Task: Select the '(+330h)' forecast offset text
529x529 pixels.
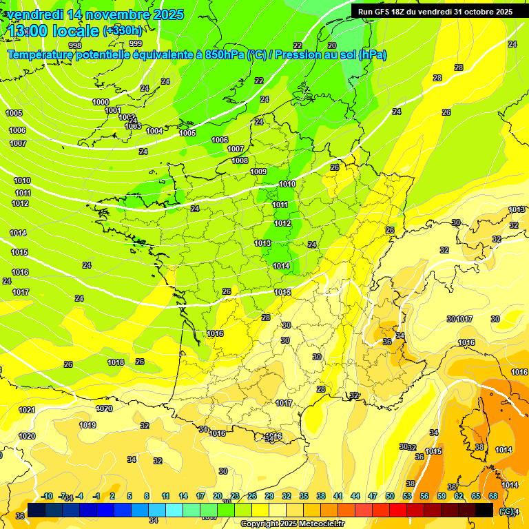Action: [x=123, y=31]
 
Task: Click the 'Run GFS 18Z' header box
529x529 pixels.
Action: [x=435, y=12]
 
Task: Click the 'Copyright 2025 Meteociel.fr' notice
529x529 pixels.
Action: [x=292, y=523]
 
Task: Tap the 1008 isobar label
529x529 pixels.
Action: [x=240, y=160]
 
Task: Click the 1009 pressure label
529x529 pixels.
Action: [x=258, y=172]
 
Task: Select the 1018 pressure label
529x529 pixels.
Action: [x=116, y=362]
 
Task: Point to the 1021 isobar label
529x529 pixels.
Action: [x=27, y=410]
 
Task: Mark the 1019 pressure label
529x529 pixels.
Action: [x=87, y=425]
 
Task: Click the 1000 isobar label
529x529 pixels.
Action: [x=101, y=102]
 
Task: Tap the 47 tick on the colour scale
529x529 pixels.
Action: [x=373, y=496]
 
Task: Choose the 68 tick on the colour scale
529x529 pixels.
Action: [x=493, y=496]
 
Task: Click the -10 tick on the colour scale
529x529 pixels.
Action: [x=48, y=496]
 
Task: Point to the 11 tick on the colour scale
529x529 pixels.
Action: [x=166, y=496]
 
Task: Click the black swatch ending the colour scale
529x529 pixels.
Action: [x=484, y=510]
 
